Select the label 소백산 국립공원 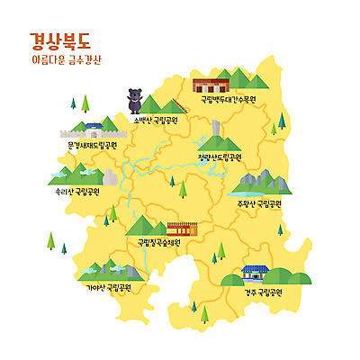coord(155,119)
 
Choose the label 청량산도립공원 coord(220,156)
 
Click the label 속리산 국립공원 coord(76,191)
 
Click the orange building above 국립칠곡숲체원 coord(181,228)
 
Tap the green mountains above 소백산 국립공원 coord(162,103)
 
